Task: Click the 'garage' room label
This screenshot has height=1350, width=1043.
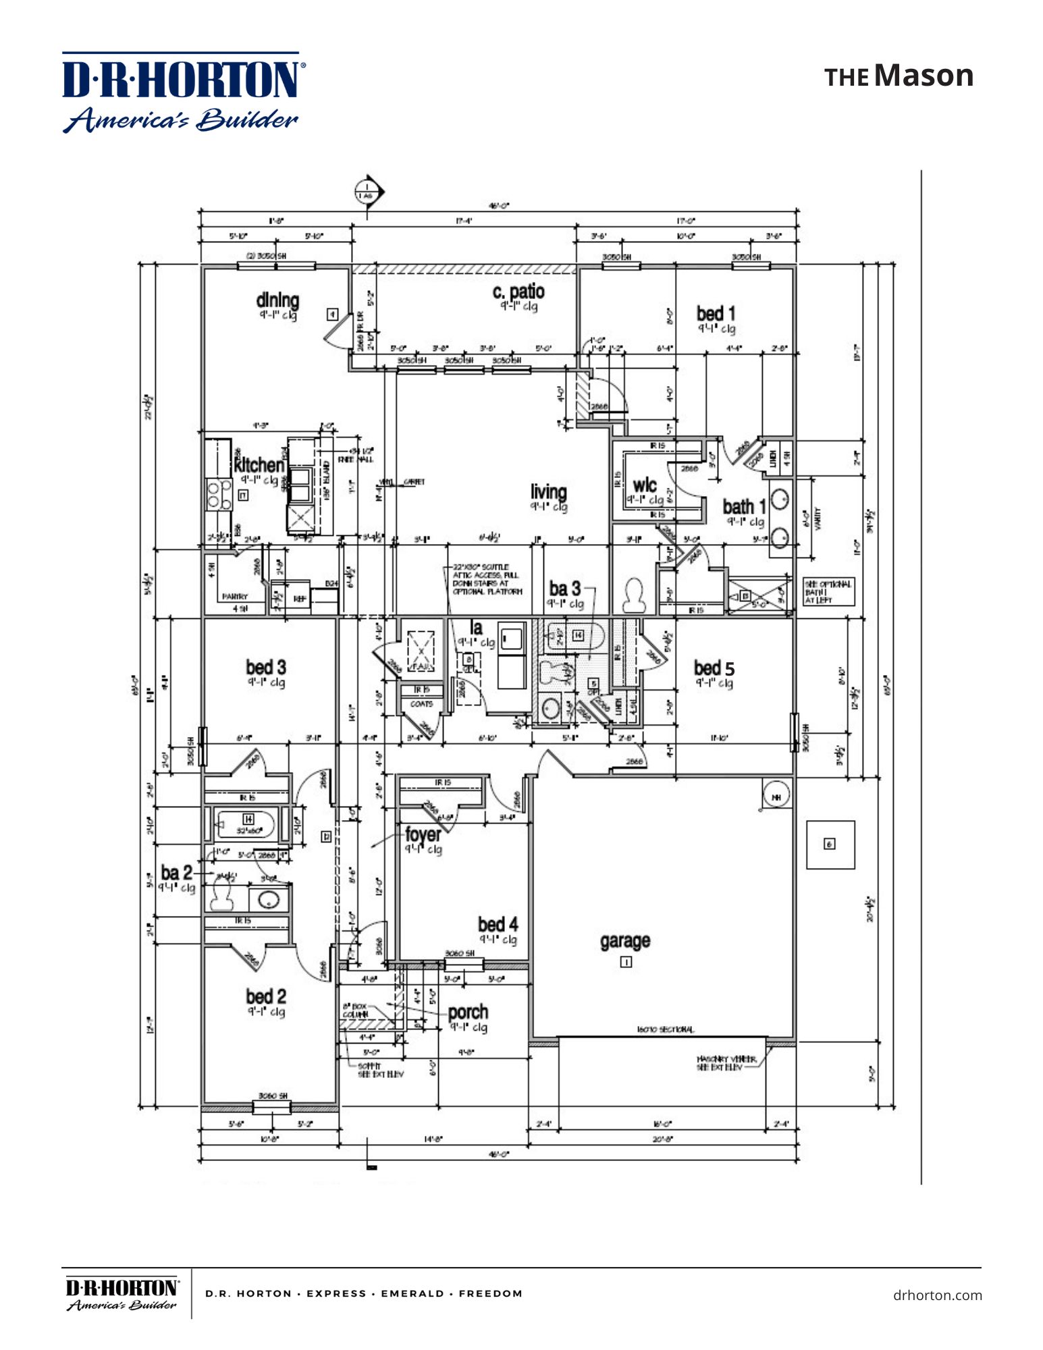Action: [625, 940]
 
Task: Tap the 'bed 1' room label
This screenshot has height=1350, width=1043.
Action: [716, 314]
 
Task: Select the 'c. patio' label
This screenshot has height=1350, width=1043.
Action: [518, 292]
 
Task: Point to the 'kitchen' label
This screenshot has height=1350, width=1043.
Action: [259, 465]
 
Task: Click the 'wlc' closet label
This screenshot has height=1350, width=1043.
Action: [644, 485]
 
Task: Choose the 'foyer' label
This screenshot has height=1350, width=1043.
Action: [423, 835]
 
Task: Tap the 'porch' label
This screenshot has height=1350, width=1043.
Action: [468, 1013]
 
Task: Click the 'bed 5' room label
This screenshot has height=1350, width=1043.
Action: [714, 668]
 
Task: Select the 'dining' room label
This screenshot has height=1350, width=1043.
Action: [277, 300]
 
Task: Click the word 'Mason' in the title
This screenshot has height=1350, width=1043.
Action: [924, 76]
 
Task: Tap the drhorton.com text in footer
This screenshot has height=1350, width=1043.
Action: [937, 1295]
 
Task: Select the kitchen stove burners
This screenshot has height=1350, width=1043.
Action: [218, 494]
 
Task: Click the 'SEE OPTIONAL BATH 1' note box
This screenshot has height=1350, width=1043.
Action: [827, 592]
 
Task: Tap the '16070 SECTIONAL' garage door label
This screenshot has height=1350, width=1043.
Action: [664, 1029]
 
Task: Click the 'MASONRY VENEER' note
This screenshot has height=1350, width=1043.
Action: [725, 1063]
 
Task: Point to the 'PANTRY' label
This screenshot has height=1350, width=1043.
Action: [235, 597]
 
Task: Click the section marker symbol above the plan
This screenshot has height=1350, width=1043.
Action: [368, 192]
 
